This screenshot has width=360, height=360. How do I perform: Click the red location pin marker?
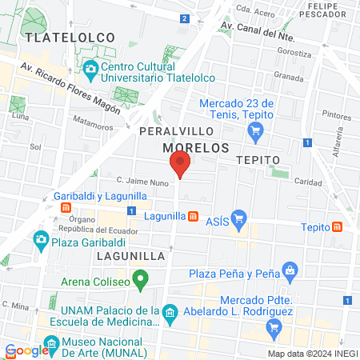click(180, 166)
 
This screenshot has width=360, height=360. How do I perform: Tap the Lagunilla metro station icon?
click(193, 216)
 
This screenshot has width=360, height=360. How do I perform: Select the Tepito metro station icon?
click(338, 226)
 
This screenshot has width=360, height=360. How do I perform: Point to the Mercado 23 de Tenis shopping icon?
click(255, 136)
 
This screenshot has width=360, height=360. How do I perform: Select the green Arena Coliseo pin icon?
click(141, 280)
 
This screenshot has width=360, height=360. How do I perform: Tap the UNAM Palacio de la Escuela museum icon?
click(169, 311)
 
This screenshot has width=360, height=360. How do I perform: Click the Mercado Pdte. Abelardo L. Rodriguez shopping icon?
click(274, 325)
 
